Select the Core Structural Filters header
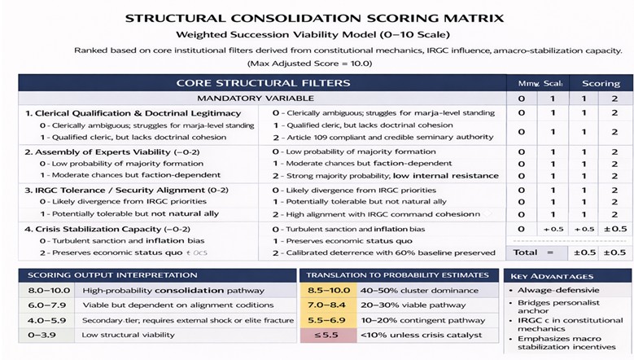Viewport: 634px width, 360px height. (263, 83)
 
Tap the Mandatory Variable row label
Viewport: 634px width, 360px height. (262, 99)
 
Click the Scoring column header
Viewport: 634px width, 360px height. (601, 83)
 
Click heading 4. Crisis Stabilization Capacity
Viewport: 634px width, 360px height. (106, 229)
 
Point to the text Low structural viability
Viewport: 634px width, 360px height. (129, 335)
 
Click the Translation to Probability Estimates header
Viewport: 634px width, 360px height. (398, 275)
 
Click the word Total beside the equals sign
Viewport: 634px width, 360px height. (524, 253)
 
